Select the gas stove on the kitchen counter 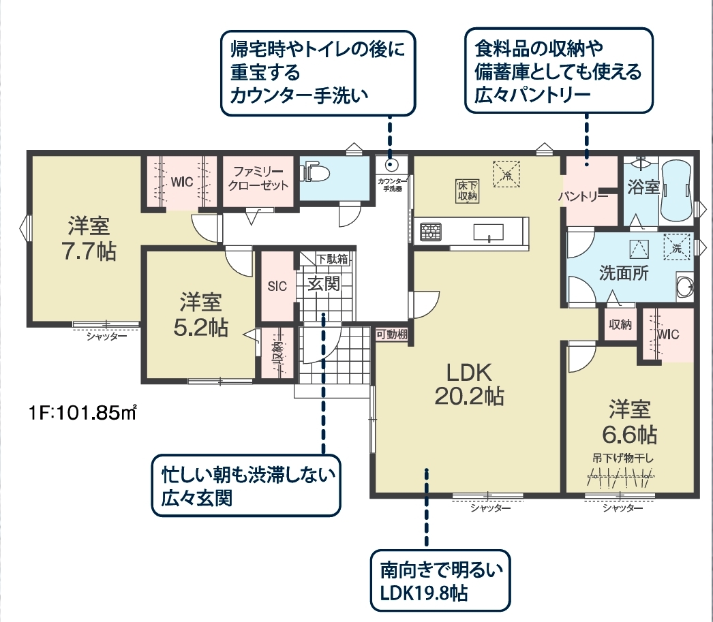(431, 231)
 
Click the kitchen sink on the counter (488, 232)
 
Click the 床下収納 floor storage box (467, 191)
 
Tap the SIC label (277, 286)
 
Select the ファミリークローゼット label (258, 178)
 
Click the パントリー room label (583, 196)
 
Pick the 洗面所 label (624, 273)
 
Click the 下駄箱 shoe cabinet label (333, 259)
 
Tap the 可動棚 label (391, 335)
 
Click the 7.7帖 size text (89, 251)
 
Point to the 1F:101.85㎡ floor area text (82, 414)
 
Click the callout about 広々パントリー (559, 71)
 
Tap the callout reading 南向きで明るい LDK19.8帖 (440, 581)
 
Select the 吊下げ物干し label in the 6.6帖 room (622, 458)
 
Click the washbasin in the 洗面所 (685, 287)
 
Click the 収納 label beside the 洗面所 (620, 324)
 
